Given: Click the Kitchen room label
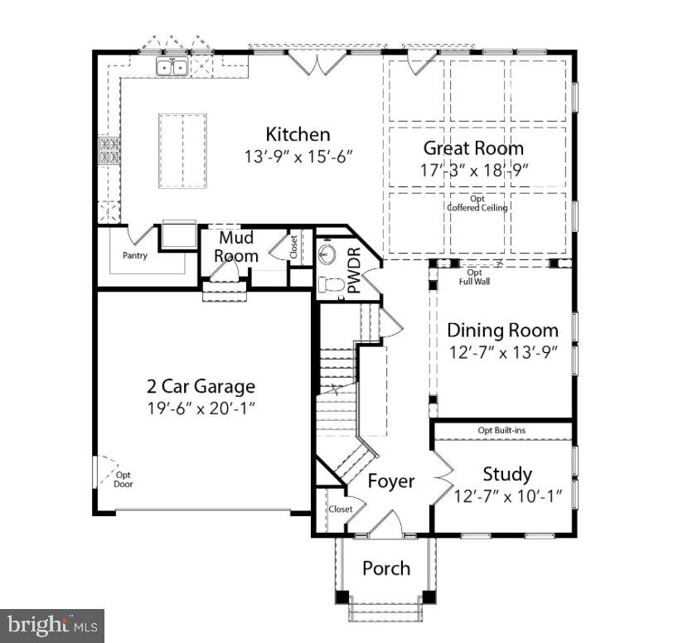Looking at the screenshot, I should (x=298, y=134).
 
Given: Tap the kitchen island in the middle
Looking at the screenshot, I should (x=182, y=151).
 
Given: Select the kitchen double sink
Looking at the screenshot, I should (x=173, y=66).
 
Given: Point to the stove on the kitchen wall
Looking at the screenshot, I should (x=109, y=150).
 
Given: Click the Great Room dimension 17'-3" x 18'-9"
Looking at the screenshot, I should (x=473, y=169).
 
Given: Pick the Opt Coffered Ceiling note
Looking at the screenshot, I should (x=477, y=204).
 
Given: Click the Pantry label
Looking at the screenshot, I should (x=135, y=255).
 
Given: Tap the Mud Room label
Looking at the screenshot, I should (x=236, y=247).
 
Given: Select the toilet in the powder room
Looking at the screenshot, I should (x=331, y=284).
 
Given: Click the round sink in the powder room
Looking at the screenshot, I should (x=330, y=251).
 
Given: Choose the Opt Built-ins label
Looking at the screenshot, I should (x=501, y=430).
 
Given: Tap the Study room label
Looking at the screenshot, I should (x=507, y=474).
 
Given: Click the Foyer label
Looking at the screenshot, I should (x=390, y=481).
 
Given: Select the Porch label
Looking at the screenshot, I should (x=386, y=568).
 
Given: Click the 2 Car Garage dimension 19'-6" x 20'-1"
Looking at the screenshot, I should (x=201, y=407).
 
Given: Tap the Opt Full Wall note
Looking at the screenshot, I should (x=474, y=277).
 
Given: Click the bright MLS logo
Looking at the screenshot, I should (x=51, y=624).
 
